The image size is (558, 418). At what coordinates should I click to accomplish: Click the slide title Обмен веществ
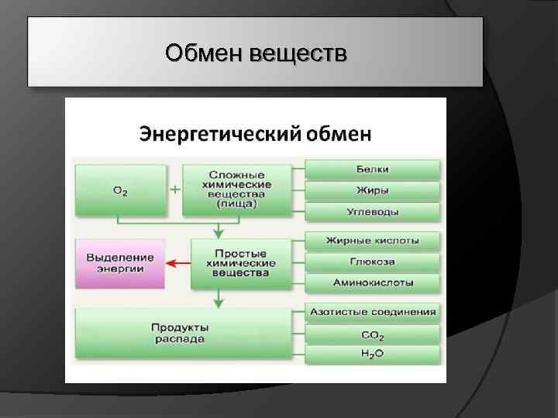click(x=256, y=54)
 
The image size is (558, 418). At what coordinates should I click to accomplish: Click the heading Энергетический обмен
click(x=255, y=134)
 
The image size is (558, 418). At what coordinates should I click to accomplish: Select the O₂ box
click(x=120, y=190)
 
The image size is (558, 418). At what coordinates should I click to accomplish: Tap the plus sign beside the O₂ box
click(x=175, y=189)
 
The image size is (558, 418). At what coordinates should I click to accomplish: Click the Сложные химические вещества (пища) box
click(x=238, y=190)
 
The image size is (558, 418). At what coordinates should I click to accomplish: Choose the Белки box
click(x=373, y=169)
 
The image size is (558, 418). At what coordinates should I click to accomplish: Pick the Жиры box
click(x=373, y=190)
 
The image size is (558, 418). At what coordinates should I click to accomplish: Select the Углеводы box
click(x=373, y=211)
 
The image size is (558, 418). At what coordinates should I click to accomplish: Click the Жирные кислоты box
click(x=373, y=241)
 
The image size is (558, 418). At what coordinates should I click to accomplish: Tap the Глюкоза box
click(x=373, y=262)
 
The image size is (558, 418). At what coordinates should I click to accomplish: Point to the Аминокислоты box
click(x=373, y=283)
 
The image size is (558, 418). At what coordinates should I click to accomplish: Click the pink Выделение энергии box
click(x=120, y=263)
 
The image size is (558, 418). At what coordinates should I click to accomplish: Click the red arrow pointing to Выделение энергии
click(x=179, y=263)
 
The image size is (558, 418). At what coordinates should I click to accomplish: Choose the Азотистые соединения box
click(x=373, y=313)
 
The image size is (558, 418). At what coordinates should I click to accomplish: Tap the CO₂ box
click(x=373, y=334)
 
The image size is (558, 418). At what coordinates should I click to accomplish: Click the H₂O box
click(x=373, y=355)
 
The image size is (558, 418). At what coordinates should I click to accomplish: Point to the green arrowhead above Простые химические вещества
click(x=219, y=232)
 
